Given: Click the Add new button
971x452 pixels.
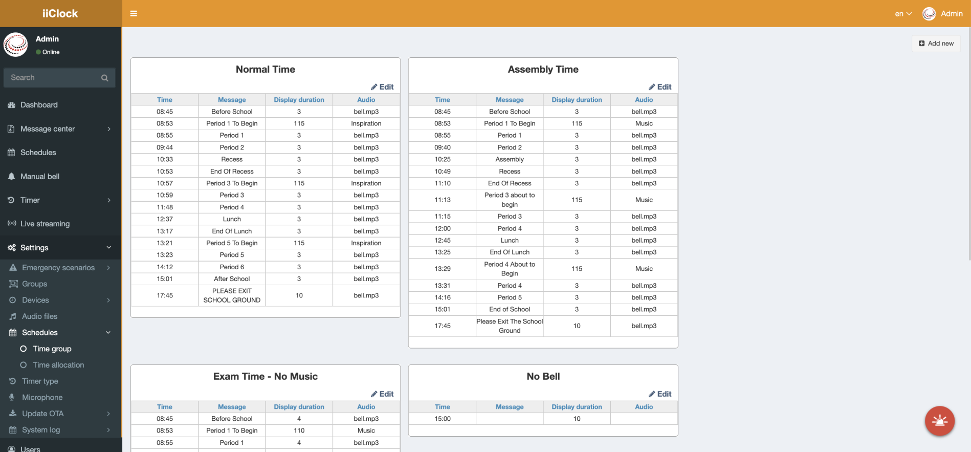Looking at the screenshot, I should (936, 44).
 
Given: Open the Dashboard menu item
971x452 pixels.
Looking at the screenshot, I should (39, 105).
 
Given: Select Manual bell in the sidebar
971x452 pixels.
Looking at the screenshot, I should (39, 177).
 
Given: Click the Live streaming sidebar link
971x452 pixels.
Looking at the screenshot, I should (45, 224).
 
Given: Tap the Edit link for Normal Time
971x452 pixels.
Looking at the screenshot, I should (382, 87).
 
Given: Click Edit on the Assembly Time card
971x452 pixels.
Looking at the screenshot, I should (660, 87).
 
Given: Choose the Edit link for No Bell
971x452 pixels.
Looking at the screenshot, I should (660, 394).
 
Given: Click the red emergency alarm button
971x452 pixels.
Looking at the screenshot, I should (939, 421).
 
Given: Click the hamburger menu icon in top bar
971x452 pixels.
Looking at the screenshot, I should (134, 14).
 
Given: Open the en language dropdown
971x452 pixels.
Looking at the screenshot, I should (903, 14).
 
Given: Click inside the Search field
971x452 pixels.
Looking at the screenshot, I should (54, 78).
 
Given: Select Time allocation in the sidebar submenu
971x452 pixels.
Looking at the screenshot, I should (58, 365).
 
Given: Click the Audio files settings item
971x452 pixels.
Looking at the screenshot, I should (39, 316).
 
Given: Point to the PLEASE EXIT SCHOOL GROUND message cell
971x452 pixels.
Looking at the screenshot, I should (232, 295).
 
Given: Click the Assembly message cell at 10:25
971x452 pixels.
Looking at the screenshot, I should (510, 159).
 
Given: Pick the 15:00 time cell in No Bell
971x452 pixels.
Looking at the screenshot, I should (443, 419).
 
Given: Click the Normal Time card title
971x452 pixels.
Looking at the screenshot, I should (265, 70).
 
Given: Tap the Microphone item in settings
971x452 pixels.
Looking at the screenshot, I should (42, 397).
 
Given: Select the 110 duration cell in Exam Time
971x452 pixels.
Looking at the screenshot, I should (299, 431).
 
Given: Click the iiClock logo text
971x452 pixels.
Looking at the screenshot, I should (60, 14).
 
